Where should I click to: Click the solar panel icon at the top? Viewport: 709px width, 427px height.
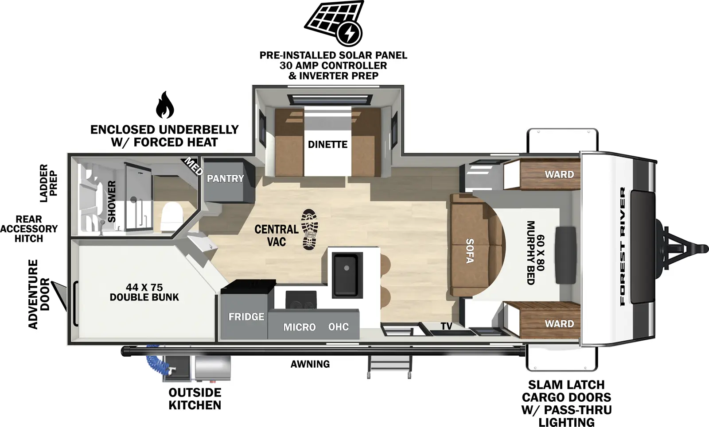point(333,23)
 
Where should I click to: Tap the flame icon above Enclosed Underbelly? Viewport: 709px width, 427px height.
point(164,105)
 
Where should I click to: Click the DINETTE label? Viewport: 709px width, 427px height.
point(327,145)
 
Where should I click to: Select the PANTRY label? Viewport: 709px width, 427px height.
point(225,179)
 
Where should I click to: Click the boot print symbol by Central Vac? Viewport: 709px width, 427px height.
point(309,230)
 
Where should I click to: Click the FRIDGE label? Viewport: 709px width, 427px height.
point(246,317)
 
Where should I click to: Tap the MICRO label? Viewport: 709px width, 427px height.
point(300,327)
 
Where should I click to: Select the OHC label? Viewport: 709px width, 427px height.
point(338,327)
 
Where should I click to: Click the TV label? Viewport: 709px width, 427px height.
point(446,327)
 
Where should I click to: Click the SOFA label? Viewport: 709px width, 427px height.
point(470,251)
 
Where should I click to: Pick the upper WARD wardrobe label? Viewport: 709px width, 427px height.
point(559,174)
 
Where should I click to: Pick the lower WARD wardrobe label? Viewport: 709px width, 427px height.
point(559,324)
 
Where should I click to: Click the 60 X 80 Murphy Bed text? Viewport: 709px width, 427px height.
point(535,252)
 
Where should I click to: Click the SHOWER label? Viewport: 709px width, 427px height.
point(112,201)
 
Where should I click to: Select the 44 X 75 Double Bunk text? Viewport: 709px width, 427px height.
point(144,292)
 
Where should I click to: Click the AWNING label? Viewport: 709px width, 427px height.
point(310,364)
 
